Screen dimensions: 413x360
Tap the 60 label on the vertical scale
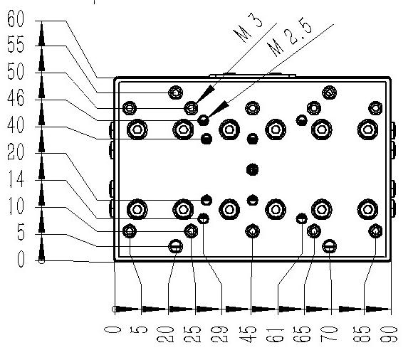click(16, 18)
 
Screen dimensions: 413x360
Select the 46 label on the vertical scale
click(16, 98)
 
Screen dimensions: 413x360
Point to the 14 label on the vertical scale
click(16, 179)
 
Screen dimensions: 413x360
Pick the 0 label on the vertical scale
click(21, 259)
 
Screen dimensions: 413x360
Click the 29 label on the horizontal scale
click(219, 334)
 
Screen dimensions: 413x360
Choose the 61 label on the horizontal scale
click(275, 334)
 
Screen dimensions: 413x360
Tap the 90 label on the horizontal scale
click(389, 334)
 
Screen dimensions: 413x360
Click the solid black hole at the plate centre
click(252, 170)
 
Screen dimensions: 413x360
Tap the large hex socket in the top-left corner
click(137, 129)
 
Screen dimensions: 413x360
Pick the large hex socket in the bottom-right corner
click(367, 209)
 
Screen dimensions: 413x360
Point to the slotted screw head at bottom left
click(175, 246)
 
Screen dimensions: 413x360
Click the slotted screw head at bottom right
click(329, 246)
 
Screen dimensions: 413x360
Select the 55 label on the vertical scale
click(16, 44)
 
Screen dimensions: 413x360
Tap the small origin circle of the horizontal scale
click(115, 309)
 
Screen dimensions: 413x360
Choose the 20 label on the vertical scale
click(16, 152)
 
